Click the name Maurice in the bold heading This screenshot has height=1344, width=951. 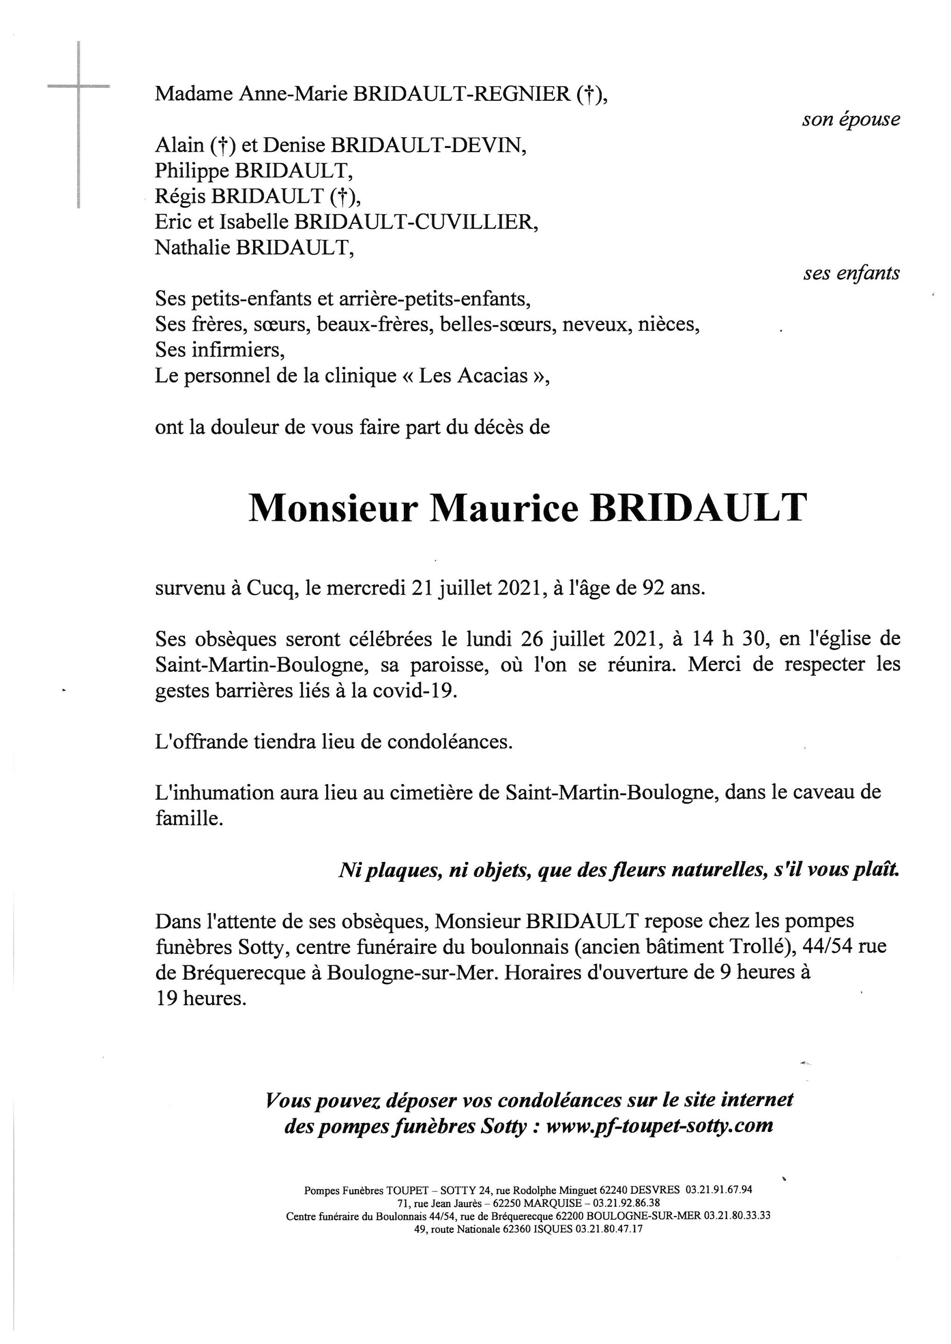point(504,508)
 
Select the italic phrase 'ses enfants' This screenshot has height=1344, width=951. point(851,273)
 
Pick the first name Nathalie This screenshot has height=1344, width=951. point(192,248)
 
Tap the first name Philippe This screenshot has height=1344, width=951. point(192,170)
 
